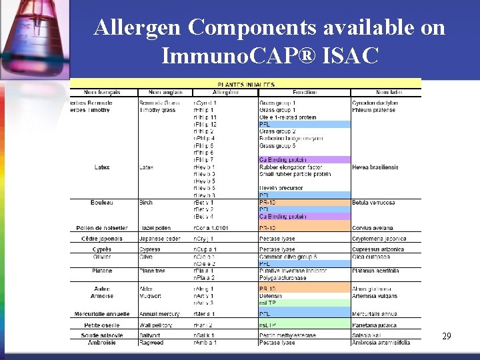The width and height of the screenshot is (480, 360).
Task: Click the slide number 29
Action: (447, 336)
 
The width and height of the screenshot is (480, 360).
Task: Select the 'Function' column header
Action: (305, 92)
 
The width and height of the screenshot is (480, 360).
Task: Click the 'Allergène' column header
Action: (225, 92)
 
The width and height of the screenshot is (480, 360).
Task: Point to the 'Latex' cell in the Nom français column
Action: (102, 167)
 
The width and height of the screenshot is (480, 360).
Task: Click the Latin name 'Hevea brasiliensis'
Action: (375, 167)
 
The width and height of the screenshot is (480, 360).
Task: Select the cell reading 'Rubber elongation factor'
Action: (291, 167)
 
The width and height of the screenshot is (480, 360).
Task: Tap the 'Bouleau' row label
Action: (102, 202)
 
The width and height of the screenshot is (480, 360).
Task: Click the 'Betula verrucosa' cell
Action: (373, 202)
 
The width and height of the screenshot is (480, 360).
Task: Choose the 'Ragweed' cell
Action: (151, 342)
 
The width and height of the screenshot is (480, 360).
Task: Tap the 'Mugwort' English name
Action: (151, 295)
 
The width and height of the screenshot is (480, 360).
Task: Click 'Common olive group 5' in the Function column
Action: (288, 257)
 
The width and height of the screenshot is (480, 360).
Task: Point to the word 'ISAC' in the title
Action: (351, 55)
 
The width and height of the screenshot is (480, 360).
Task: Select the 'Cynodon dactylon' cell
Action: (375, 103)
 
